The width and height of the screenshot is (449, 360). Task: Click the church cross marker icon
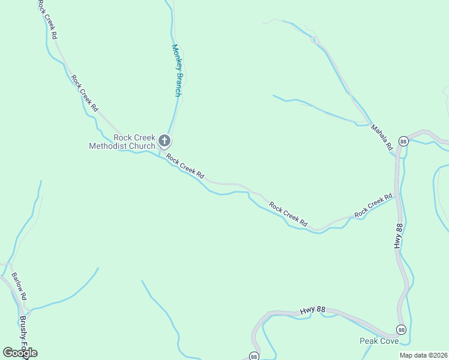[x=164, y=142]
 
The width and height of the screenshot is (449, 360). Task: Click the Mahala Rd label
[x=381, y=137]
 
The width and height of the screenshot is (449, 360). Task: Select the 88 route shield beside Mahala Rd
[x=403, y=141]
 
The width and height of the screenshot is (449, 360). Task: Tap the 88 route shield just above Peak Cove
[x=401, y=329]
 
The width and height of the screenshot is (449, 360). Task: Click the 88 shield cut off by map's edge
[x=254, y=356]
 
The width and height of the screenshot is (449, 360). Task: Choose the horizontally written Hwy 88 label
[x=312, y=310]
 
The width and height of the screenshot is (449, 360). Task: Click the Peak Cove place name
[x=379, y=341]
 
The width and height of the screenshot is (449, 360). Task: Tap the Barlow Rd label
[x=19, y=286]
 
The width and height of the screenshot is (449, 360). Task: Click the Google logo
[x=20, y=353]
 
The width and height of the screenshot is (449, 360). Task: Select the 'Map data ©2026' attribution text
[x=423, y=355]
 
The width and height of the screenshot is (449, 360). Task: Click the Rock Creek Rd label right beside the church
[x=185, y=167]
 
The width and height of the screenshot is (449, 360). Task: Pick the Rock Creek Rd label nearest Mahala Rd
[x=373, y=205]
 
